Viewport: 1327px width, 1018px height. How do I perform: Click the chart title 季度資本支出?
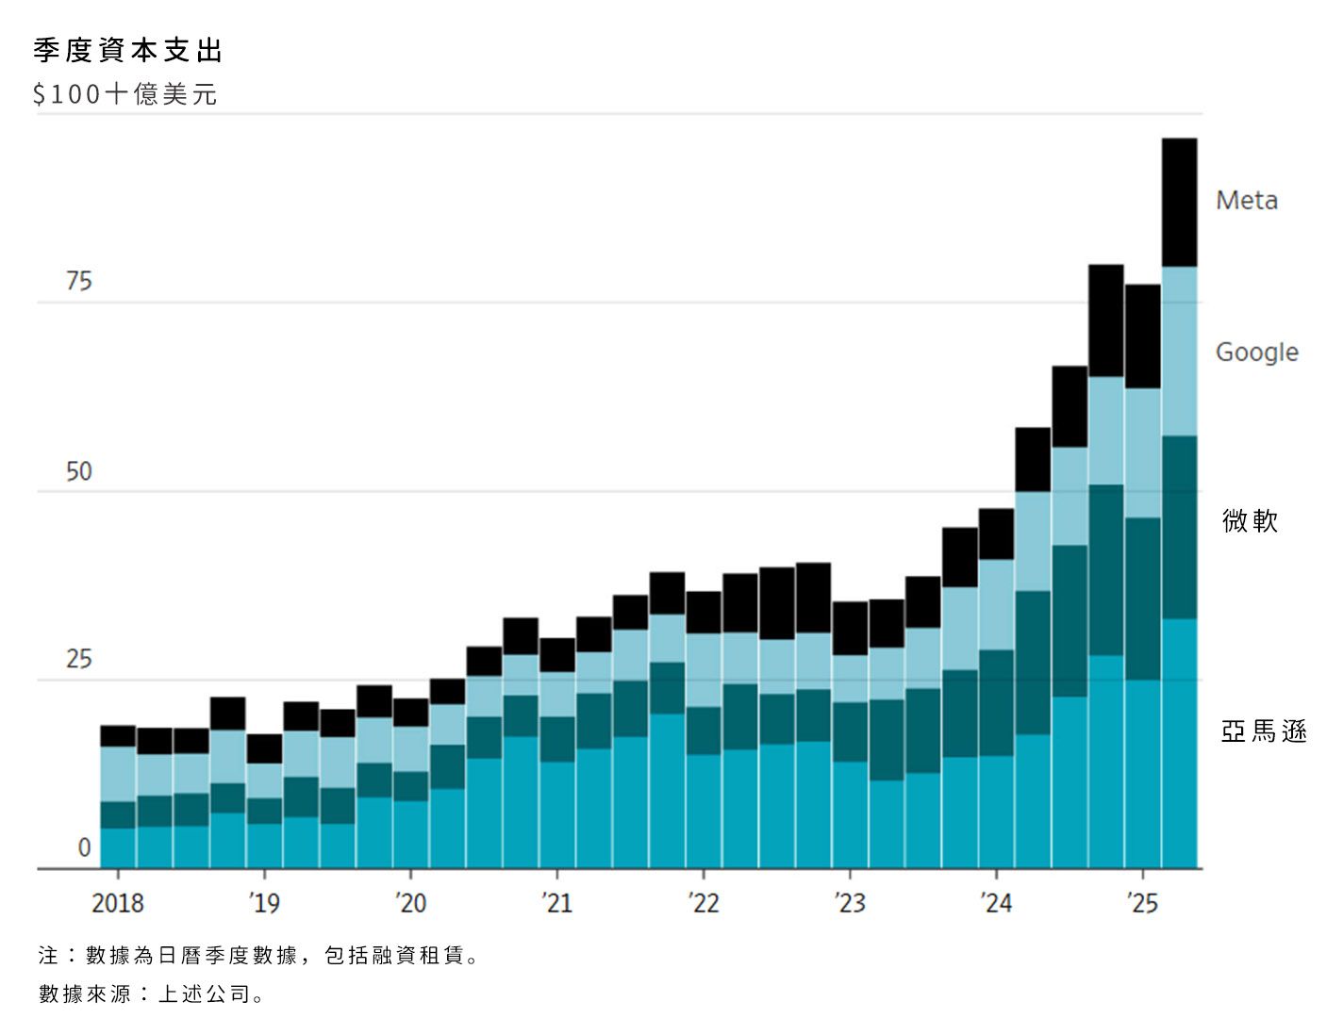pos(128,51)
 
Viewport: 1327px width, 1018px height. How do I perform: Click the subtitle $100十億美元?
pos(125,94)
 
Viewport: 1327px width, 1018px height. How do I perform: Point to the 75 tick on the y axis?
pos(79,282)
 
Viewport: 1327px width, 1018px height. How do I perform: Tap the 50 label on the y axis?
pos(79,471)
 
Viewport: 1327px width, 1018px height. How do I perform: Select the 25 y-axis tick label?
pos(79,659)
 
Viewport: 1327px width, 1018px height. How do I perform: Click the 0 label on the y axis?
pos(84,847)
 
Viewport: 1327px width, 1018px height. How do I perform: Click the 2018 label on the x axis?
pos(118,903)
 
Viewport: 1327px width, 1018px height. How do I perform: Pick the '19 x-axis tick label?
pos(264,903)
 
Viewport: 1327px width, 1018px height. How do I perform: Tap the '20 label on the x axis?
pos(411,903)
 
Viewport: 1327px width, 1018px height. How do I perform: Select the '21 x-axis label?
pos(556,903)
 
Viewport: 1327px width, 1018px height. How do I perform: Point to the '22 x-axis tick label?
pos(704,903)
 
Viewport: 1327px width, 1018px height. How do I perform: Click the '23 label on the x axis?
pos(850,903)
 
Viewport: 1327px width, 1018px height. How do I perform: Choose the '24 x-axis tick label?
pos(996,903)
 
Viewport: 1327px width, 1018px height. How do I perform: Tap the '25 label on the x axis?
pos(1142,903)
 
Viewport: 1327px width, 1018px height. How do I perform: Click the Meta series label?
pos(1247,201)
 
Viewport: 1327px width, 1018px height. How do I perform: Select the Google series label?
pos(1256,353)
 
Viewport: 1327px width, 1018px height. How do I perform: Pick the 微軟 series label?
pos(1250,520)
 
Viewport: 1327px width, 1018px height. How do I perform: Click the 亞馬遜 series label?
pos(1264,731)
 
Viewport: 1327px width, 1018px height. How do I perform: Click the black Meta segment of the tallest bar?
pos(1179,203)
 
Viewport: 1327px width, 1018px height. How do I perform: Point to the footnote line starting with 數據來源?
pos(151,993)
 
